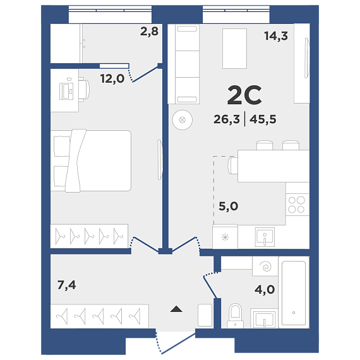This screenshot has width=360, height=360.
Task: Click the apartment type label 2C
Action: (244, 95)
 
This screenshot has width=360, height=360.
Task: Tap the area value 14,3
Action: (276, 36)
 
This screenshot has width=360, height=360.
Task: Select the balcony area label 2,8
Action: (149, 31)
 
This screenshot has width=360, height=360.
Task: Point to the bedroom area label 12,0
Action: (112, 79)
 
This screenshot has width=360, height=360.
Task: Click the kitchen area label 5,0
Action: (229, 206)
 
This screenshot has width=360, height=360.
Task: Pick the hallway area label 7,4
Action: (66, 285)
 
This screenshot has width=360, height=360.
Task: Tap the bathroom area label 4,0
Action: (265, 289)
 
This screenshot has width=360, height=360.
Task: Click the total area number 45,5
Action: (263, 119)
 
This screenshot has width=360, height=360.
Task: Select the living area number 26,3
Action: (227, 119)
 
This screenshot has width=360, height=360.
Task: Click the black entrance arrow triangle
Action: (176, 309)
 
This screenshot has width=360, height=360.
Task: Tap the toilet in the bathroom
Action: (236, 316)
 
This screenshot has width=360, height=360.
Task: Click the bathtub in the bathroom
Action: (294, 292)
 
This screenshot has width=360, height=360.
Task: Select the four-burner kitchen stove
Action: (297, 205)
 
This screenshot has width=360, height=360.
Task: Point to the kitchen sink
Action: (265, 237)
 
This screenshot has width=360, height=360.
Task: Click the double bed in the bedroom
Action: (91, 160)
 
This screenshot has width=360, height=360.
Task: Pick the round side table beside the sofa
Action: (183, 120)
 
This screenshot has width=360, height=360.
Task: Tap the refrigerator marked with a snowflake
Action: (225, 237)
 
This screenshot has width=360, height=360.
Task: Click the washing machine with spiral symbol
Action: (265, 267)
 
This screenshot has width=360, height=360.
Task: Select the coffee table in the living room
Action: (234, 49)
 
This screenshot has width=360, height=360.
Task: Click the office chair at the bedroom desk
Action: (84, 90)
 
